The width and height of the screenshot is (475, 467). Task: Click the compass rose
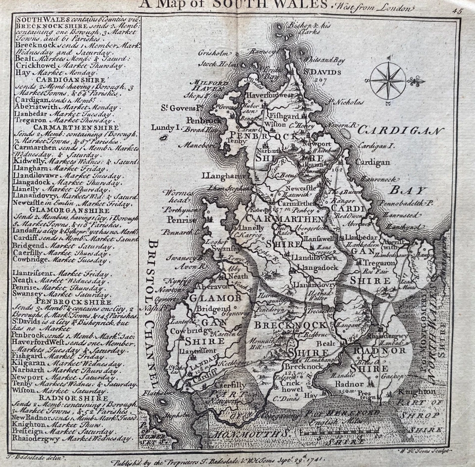coord(387,81)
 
